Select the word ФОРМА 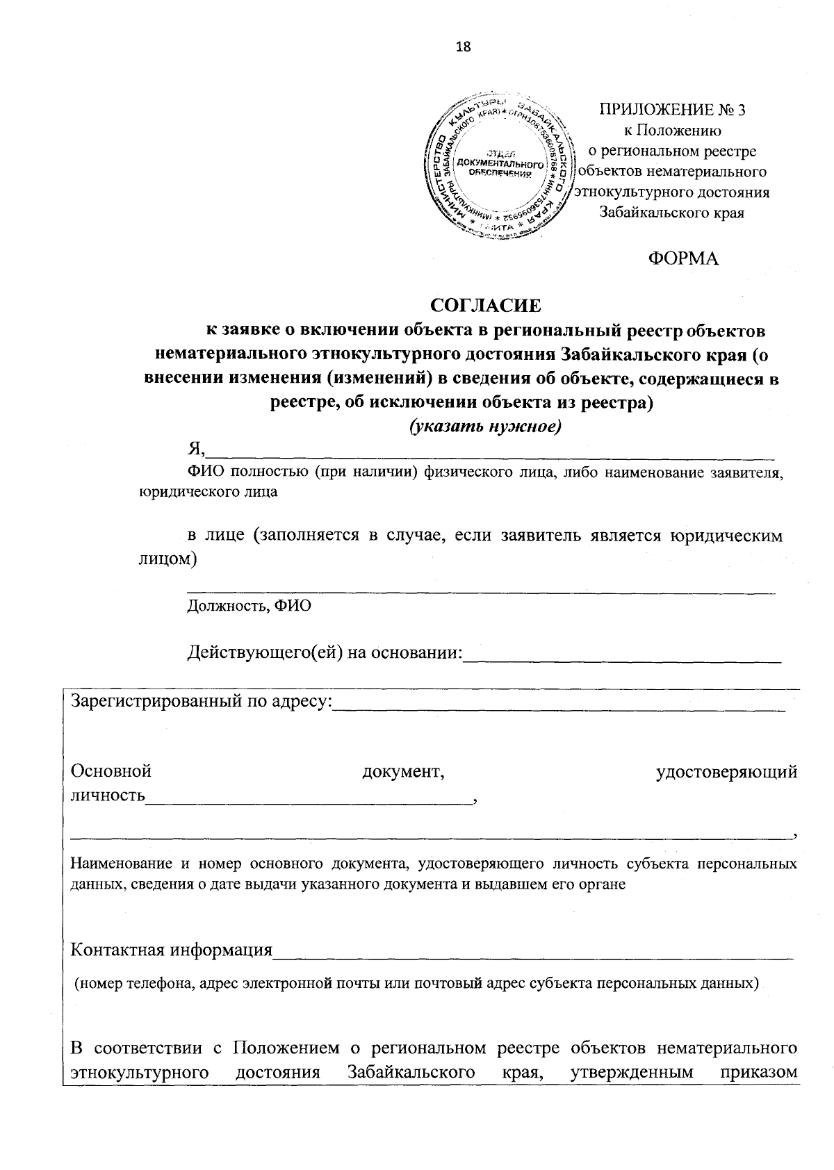coord(682,258)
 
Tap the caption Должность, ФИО coord(249,605)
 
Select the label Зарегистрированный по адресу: coord(202,702)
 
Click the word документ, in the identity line coord(403,771)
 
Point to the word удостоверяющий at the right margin coord(726,771)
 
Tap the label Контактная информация coord(172,950)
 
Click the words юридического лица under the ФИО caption coord(208,492)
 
